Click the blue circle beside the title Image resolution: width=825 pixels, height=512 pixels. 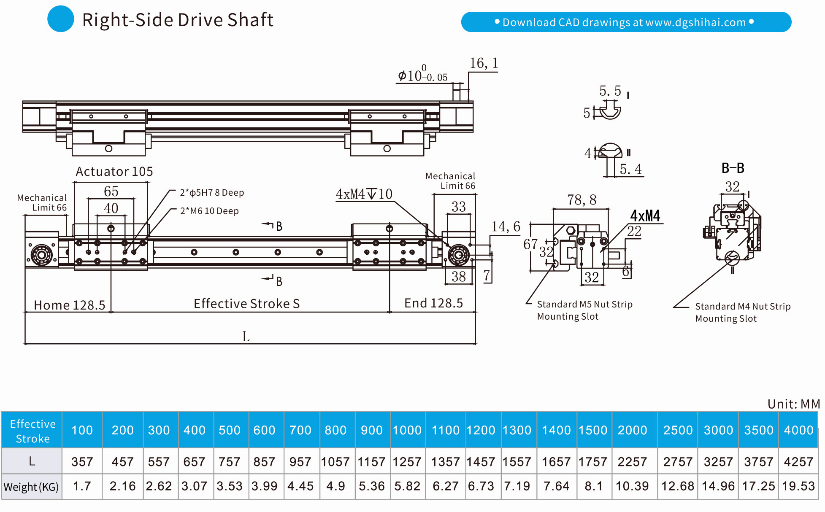tap(61, 19)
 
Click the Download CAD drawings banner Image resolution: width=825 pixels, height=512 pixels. tap(626, 22)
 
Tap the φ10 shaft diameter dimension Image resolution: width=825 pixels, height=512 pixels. tap(422, 75)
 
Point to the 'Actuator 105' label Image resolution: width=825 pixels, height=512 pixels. tap(114, 172)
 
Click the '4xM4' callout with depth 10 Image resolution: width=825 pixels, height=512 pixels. tap(364, 194)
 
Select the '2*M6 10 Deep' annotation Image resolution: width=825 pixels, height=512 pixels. tap(209, 211)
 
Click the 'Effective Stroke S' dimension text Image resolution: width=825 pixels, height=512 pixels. tap(246, 304)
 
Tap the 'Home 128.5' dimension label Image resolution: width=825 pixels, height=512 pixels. tap(69, 305)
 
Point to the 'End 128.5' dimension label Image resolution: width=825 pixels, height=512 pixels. tap(433, 303)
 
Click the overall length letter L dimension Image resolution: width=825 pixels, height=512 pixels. tap(246, 337)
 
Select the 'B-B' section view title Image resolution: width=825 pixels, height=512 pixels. tap(733, 168)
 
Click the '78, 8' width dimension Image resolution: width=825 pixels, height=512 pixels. tap(582, 200)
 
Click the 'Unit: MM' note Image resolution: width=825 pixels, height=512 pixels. tap(793, 404)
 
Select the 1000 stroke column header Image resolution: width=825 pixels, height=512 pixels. tap(407, 430)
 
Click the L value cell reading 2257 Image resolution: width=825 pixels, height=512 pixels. tap(632, 462)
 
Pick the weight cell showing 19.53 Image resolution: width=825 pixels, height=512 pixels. tap(798, 486)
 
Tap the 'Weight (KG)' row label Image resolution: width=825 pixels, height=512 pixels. tap(31, 487)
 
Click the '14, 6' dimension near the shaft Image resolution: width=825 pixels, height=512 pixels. tap(506, 227)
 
